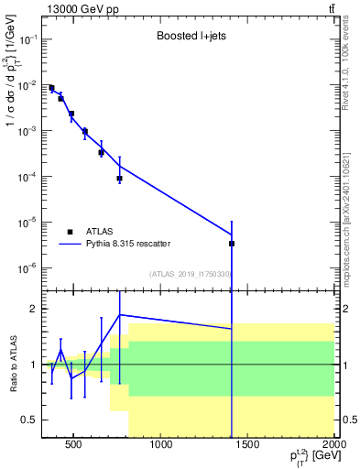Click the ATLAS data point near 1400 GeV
(232, 244)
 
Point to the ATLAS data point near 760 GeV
(120, 179)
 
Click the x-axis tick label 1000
(161, 446)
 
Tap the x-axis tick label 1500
(248, 446)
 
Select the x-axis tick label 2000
(333, 446)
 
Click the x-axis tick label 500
(75, 446)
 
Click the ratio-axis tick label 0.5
(27, 420)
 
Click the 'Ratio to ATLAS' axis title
(13, 364)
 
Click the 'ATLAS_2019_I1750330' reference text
(190, 273)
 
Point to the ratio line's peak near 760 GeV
(120, 315)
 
